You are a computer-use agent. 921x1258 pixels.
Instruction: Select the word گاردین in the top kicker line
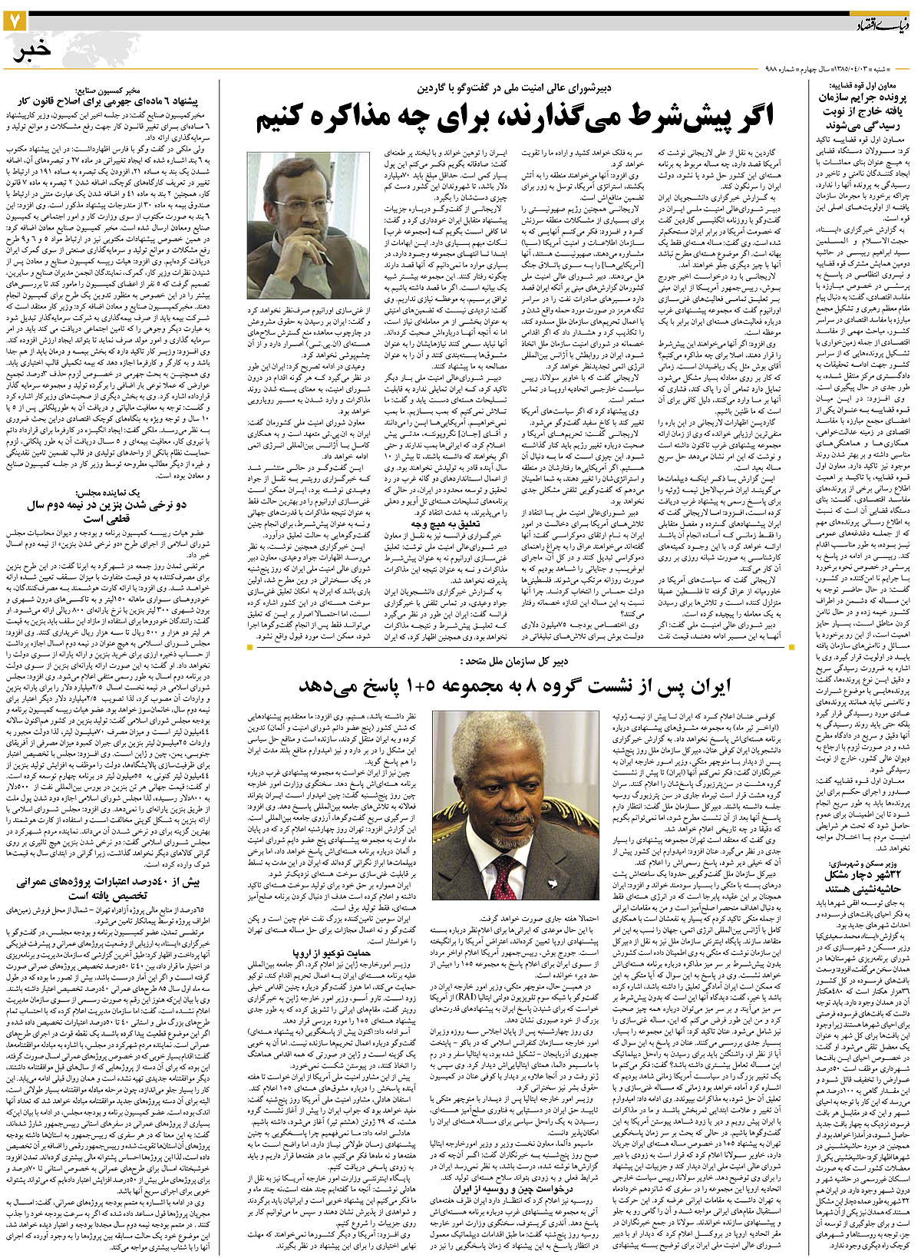[x=446, y=87]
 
